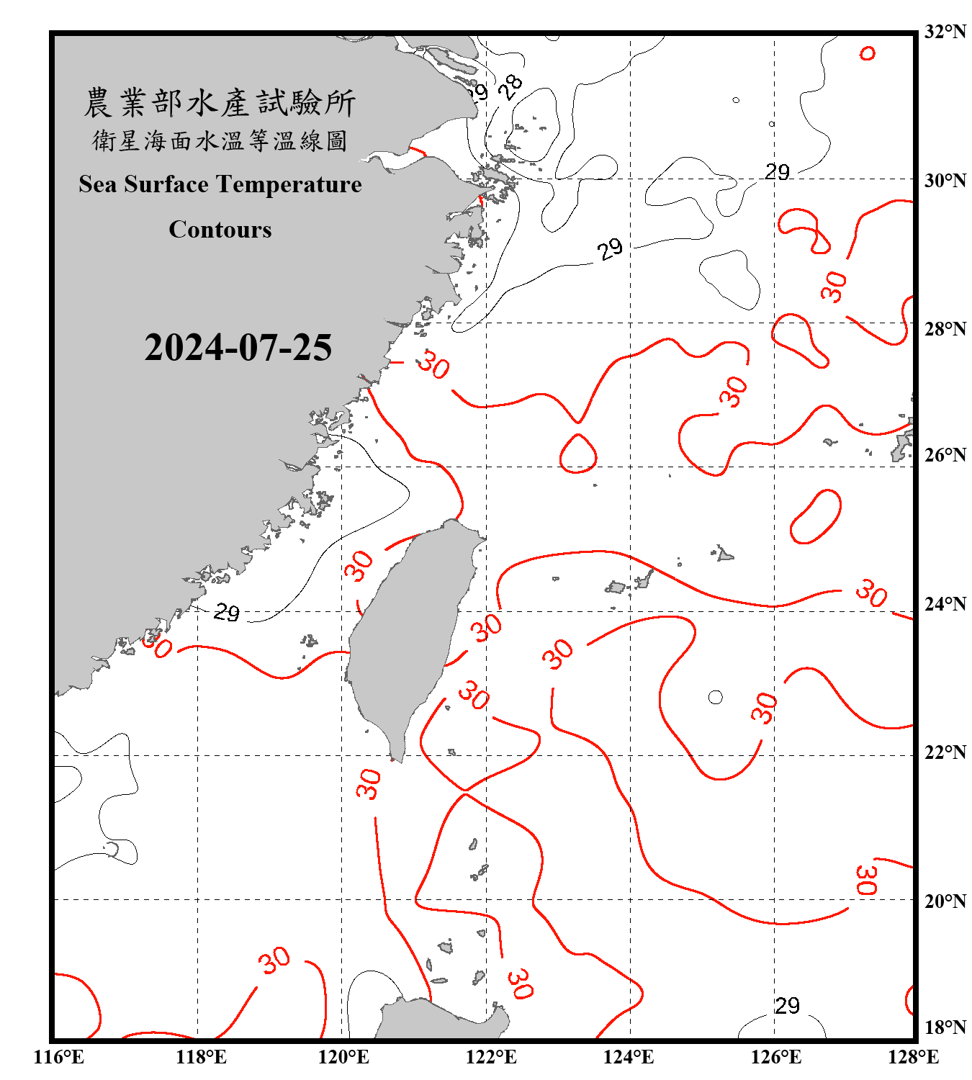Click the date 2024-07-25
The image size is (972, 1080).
point(238,347)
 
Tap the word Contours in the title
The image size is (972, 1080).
point(220,229)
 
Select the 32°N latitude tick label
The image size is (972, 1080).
point(945,32)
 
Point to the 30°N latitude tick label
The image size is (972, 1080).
point(945,180)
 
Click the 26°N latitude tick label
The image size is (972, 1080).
point(945,455)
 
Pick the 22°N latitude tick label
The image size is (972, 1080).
point(945,752)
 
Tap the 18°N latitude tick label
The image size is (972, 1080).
point(945,1027)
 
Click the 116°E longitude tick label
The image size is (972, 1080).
point(58,1057)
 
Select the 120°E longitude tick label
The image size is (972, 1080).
point(343,1057)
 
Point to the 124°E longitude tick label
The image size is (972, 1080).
point(629,1057)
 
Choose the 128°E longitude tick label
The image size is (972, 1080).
point(913,1057)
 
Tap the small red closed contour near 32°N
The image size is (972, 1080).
point(868,53)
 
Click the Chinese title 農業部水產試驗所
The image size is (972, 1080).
point(220,103)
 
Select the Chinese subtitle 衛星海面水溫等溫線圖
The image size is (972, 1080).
point(220,140)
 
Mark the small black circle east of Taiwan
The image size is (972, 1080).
point(715,697)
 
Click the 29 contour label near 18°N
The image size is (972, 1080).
point(787,1005)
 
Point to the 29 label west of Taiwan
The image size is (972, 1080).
point(227,612)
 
